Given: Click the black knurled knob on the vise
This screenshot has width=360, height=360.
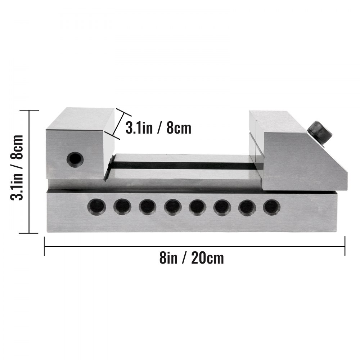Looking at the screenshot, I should (320, 133).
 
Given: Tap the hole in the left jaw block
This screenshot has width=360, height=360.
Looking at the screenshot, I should (75, 159).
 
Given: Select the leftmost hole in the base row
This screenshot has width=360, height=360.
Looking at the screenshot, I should (97, 207).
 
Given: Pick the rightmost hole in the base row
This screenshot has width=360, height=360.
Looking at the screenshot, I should (271, 207).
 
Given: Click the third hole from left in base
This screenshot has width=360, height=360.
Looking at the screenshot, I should (147, 207).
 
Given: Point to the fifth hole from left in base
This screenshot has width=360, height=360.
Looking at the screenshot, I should (197, 207).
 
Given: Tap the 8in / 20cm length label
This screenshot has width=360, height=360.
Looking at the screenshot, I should (192, 258).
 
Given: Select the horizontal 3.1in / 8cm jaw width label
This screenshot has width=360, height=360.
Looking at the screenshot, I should (158, 128).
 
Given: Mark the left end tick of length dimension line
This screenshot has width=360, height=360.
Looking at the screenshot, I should (44, 246).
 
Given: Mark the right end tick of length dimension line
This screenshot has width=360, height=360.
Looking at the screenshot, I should (345, 246).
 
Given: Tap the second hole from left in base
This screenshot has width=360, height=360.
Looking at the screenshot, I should (122, 207).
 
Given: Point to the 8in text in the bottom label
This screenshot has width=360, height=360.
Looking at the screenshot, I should (168, 258).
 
